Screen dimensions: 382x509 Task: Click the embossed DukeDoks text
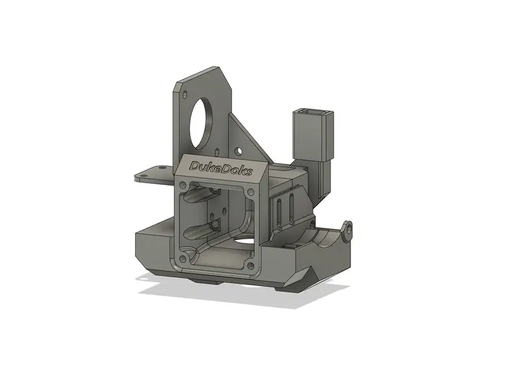coord(221,167)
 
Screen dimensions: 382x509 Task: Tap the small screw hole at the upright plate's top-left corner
coord(185,93)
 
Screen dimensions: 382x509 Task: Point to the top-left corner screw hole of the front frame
coord(182,185)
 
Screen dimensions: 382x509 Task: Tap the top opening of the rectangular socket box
coord(313,113)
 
